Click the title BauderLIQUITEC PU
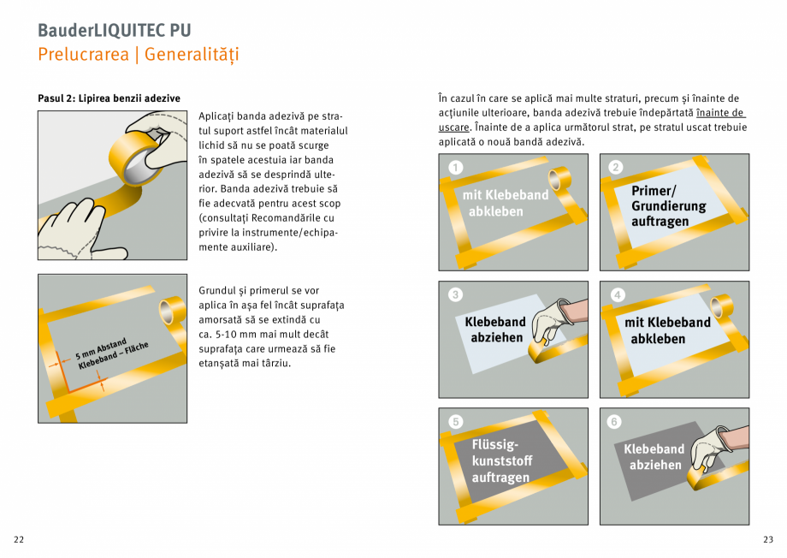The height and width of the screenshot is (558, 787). pos(114,30)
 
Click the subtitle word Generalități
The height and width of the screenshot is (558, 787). pos(192,55)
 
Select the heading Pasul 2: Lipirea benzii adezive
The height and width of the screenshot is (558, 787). pos(109,98)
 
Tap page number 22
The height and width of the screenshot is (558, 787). pos(19,539)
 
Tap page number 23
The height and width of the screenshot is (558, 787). pos(767,539)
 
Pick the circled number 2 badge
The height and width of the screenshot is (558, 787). pos(616,168)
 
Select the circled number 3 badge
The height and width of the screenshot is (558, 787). pos(456,294)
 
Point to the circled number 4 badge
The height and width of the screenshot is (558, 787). pos(616,294)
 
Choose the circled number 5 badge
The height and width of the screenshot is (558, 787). pos(456,421)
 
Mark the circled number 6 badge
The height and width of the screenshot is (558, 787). pos(616,421)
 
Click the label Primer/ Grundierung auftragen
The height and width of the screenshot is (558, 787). pos(668,206)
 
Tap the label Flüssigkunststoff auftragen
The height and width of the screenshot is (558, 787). pos(500,461)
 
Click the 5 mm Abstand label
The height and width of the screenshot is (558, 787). pos(101,348)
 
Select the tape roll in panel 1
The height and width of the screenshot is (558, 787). pos(560,179)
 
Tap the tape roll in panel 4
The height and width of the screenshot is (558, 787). pos(720,306)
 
